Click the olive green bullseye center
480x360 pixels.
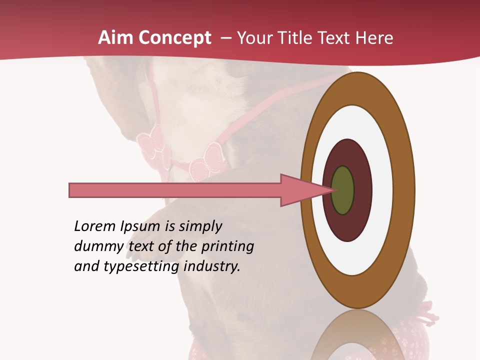coord(342,190)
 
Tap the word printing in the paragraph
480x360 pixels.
coord(227,246)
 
